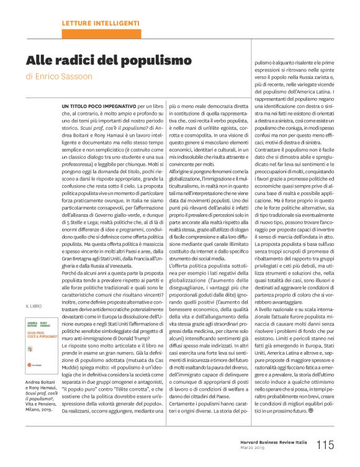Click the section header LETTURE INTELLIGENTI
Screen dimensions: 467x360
99,22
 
